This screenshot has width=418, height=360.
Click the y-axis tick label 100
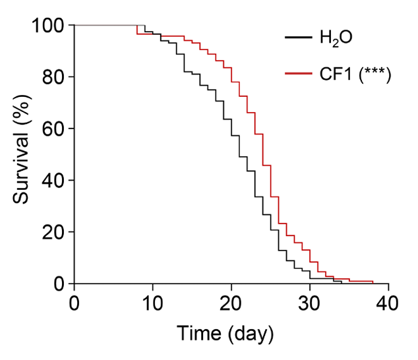click(47, 26)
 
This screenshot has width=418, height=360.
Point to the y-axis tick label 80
click(53, 77)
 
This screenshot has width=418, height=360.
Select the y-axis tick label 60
click(53, 129)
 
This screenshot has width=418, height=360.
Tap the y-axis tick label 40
click(53, 181)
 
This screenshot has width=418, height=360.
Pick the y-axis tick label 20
click(53, 232)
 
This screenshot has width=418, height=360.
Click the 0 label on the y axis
click(59, 284)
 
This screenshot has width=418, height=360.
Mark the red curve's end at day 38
click(373, 282)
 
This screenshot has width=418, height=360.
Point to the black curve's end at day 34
click(342, 283)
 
